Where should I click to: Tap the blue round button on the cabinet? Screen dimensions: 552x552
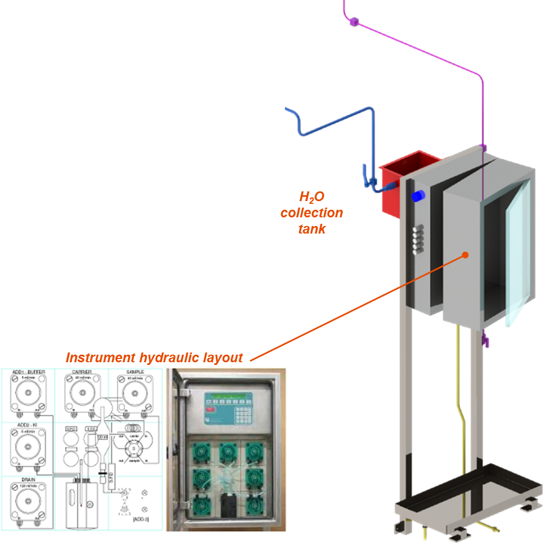pos(418,196)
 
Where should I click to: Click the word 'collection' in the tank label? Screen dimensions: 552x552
pos(312,212)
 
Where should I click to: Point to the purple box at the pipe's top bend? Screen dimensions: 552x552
pos(354,22)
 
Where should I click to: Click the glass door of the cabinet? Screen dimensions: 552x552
pos(516,254)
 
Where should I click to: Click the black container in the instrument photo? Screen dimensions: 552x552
pos(228,505)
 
